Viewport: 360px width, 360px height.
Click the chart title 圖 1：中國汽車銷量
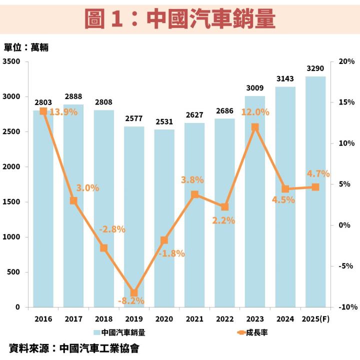point(180,18)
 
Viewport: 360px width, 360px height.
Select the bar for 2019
point(134,215)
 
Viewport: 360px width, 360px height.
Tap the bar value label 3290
point(315,68)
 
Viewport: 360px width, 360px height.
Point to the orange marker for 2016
point(43,111)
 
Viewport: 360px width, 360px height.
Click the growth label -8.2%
point(131,301)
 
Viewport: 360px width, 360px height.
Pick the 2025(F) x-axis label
point(315,319)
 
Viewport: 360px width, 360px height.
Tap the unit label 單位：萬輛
point(26,47)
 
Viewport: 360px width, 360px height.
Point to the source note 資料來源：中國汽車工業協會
point(74,348)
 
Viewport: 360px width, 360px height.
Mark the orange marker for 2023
point(255,127)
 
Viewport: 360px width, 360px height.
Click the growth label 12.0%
point(255,112)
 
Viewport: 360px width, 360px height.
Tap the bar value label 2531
point(164,121)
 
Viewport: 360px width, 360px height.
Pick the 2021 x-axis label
point(194,319)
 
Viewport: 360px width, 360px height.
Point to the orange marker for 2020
point(164,240)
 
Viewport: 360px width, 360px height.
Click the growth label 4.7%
point(318,174)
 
